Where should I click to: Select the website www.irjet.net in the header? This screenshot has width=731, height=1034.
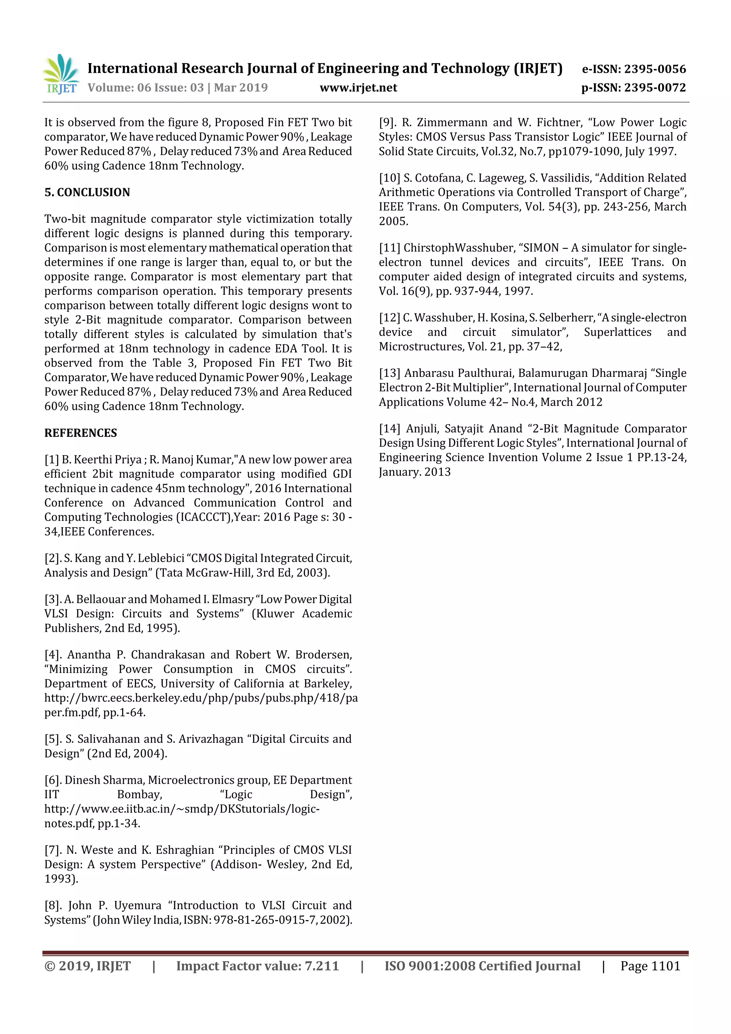click(358, 87)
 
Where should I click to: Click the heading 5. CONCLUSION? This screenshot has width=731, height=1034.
click(87, 192)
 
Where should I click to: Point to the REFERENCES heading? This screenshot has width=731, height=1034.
click(80, 433)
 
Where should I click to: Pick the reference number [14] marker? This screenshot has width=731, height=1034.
click(390, 428)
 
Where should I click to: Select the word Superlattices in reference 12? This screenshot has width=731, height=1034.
click(617, 332)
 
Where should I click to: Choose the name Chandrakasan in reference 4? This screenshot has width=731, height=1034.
click(167, 654)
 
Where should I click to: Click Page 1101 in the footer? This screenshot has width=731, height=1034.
click(650, 966)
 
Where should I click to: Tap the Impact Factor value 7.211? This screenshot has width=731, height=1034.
click(322, 966)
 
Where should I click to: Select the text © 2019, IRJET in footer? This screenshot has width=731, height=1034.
click(87, 966)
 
